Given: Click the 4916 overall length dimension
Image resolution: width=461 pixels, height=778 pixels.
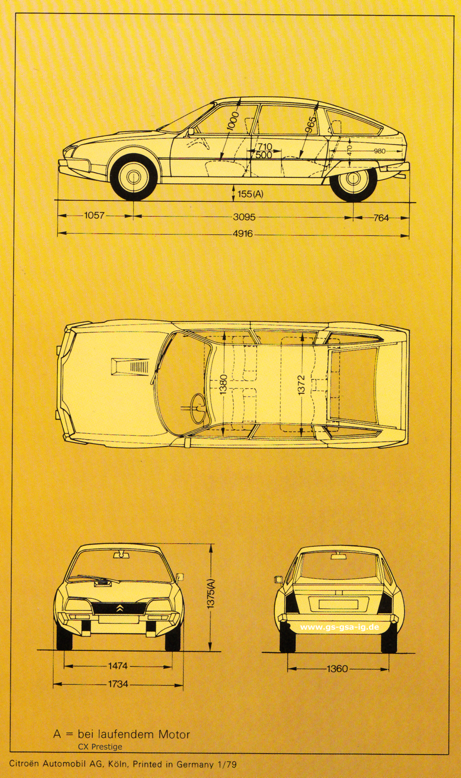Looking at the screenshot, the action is click(x=243, y=234).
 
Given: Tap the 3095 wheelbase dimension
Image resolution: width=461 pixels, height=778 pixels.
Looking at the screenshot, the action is click(x=244, y=217).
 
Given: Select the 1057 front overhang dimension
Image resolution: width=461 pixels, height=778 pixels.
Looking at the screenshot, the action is click(x=94, y=215).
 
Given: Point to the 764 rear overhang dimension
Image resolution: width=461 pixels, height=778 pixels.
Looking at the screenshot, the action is click(x=381, y=218).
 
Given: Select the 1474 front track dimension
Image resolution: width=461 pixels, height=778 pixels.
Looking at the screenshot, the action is click(x=118, y=666).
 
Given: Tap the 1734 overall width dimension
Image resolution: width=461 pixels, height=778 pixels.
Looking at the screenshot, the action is click(x=118, y=684).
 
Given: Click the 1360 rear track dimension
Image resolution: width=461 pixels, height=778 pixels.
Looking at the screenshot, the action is click(x=337, y=669).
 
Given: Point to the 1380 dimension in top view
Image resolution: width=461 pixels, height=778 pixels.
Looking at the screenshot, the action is click(x=224, y=384).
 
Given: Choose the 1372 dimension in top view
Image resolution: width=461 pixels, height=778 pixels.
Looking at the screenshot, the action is click(x=301, y=384).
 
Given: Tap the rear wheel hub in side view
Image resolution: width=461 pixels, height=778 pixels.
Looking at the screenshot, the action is click(x=353, y=178).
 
